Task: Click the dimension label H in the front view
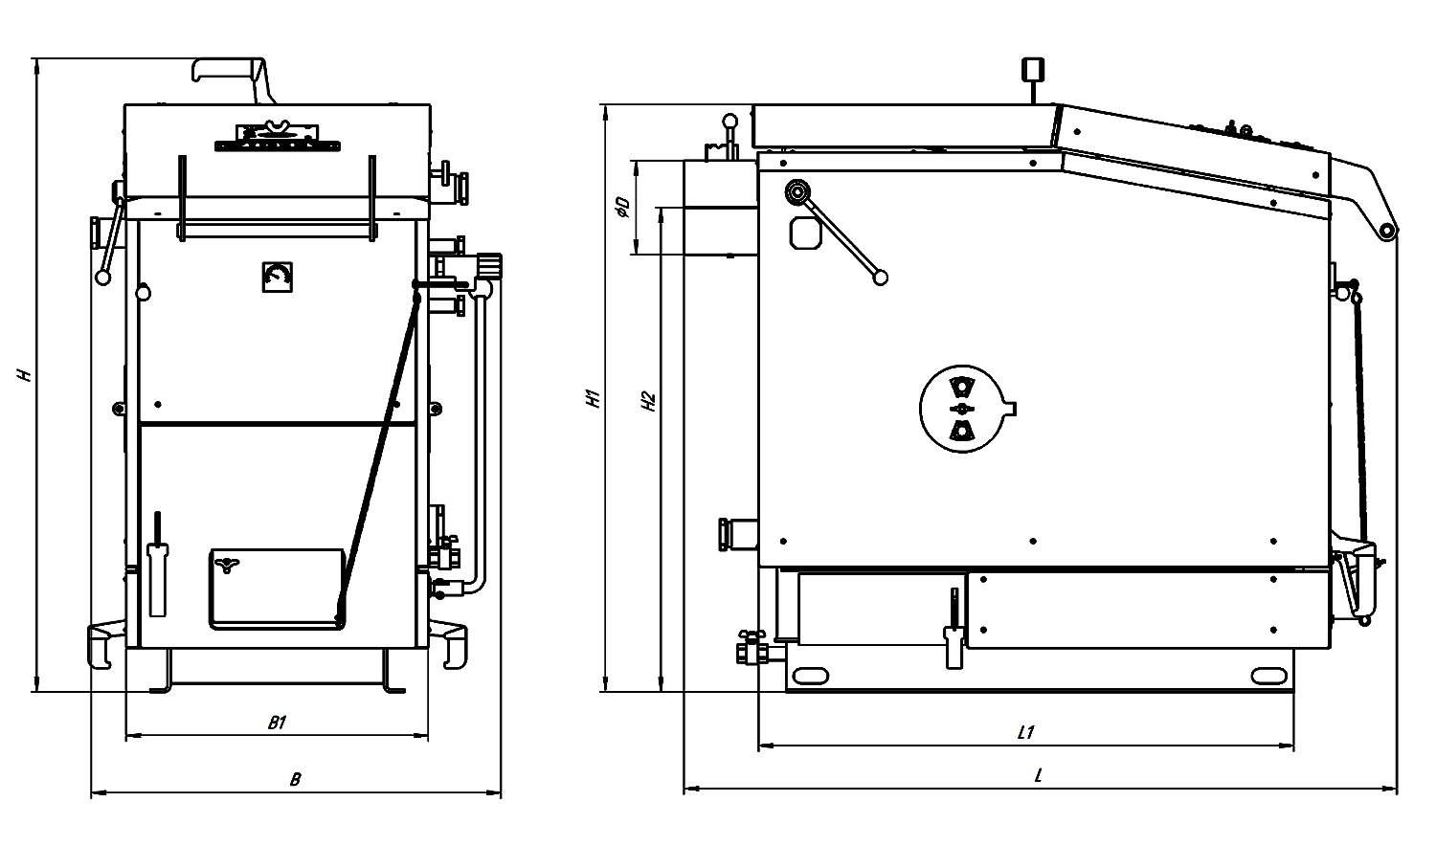[24, 374]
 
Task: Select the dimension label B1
[277, 723]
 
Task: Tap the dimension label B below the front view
[295, 779]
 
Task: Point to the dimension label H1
[593, 398]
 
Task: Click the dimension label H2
[648, 401]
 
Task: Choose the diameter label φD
[622, 207]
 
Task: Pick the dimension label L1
[1025, 732]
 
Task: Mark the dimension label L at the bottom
[1039, 775]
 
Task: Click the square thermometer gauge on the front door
[278, 277]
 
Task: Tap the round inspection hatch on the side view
[963, 409]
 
